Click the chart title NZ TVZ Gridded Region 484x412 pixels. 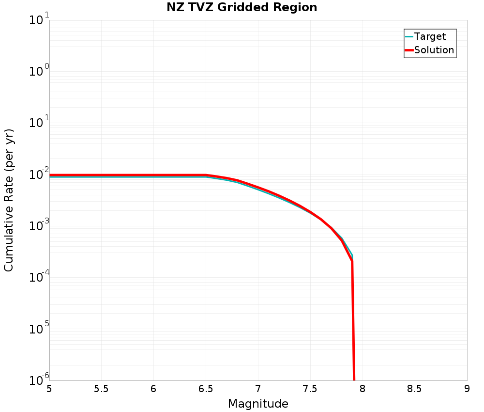[x=242, y=8]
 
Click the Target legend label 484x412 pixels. [x=430, y=36]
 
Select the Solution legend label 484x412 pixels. [x=434, y=50]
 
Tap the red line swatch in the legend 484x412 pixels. [x=409, y=50]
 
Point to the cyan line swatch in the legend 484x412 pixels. [x=409, y=36]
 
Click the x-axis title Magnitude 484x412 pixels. [x=258, y=404]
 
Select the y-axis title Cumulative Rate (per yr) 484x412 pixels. [x=9, y=200]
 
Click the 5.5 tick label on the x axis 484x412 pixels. [x=101, y=389]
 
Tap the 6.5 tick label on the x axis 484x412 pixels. [x=206, y=389]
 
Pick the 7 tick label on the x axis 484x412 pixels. [x=258, y=389]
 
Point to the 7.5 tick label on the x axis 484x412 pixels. [x=310, y=389]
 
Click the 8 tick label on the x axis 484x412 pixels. [x=363, y=389]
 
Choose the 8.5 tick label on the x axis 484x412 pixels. [x=415, y=389]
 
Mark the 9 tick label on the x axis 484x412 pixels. [x=467, y=389]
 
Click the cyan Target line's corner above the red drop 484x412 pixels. [x=352, y=255]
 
